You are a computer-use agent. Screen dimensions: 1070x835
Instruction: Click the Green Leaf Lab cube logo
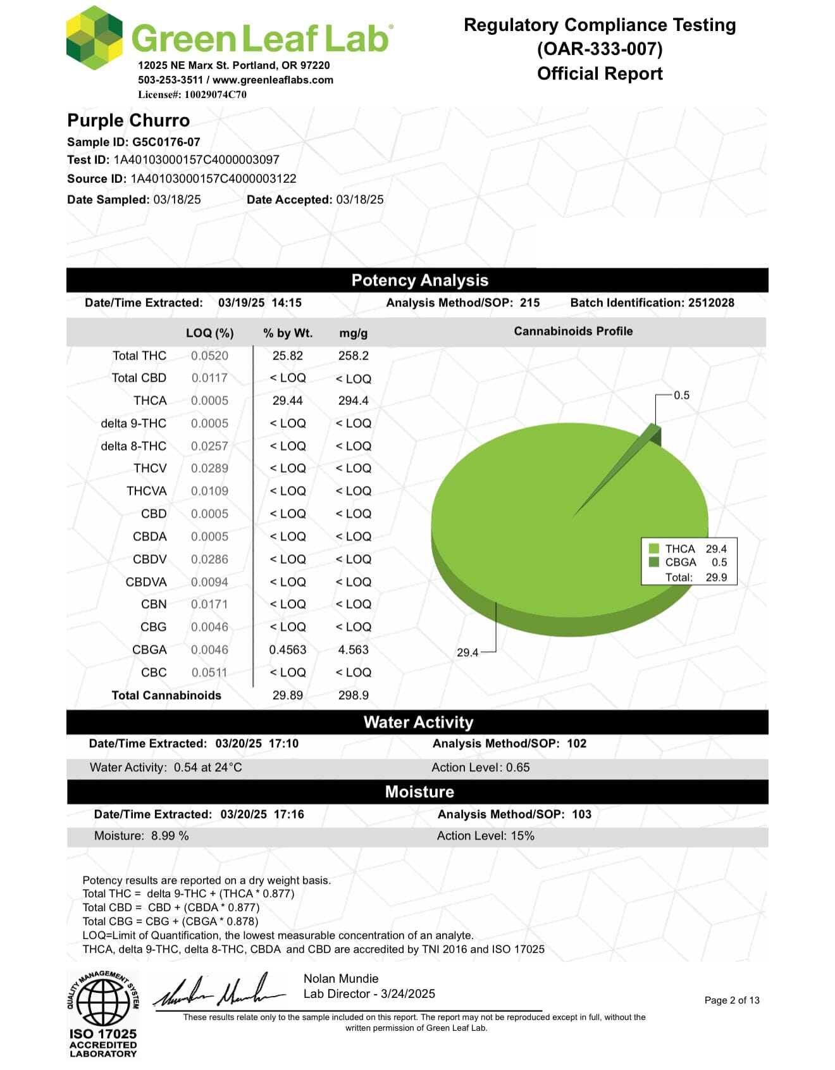click(x=94, y=38)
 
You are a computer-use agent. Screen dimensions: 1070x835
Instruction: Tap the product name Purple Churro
click(x=128, y=120)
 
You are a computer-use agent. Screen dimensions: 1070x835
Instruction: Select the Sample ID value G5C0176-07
click(x=166, y=142)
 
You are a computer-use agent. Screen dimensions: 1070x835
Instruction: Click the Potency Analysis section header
click(x=419, y=280)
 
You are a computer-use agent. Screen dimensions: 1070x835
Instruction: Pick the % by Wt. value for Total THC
click(x=287, y=356)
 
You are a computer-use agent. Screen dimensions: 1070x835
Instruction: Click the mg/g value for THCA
click(x=353, y=401)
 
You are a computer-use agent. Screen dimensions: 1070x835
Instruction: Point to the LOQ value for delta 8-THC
click(x=209, y=446)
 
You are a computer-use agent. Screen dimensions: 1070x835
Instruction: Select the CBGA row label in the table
click(x=149, y=650)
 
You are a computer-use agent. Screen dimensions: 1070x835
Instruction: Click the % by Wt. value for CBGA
click(x=287, y=650)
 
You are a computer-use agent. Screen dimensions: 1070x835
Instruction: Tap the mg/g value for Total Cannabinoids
click(x=353, y=695)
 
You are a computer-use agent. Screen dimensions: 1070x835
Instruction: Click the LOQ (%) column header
click(x=209, y=333)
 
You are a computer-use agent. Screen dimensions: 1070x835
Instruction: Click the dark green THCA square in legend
click(x=654, y=549)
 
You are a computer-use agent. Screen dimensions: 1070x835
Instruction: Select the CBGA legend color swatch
click(x=654, y=562)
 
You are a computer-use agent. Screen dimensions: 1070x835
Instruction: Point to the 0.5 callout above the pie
click(x=681, y=395)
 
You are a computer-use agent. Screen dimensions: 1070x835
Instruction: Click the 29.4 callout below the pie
click(x=467, y=652)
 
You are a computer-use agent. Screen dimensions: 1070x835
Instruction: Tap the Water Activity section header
click(x=418, y=723)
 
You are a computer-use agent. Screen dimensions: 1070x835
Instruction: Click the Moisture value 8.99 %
click(x=170, y=836)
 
